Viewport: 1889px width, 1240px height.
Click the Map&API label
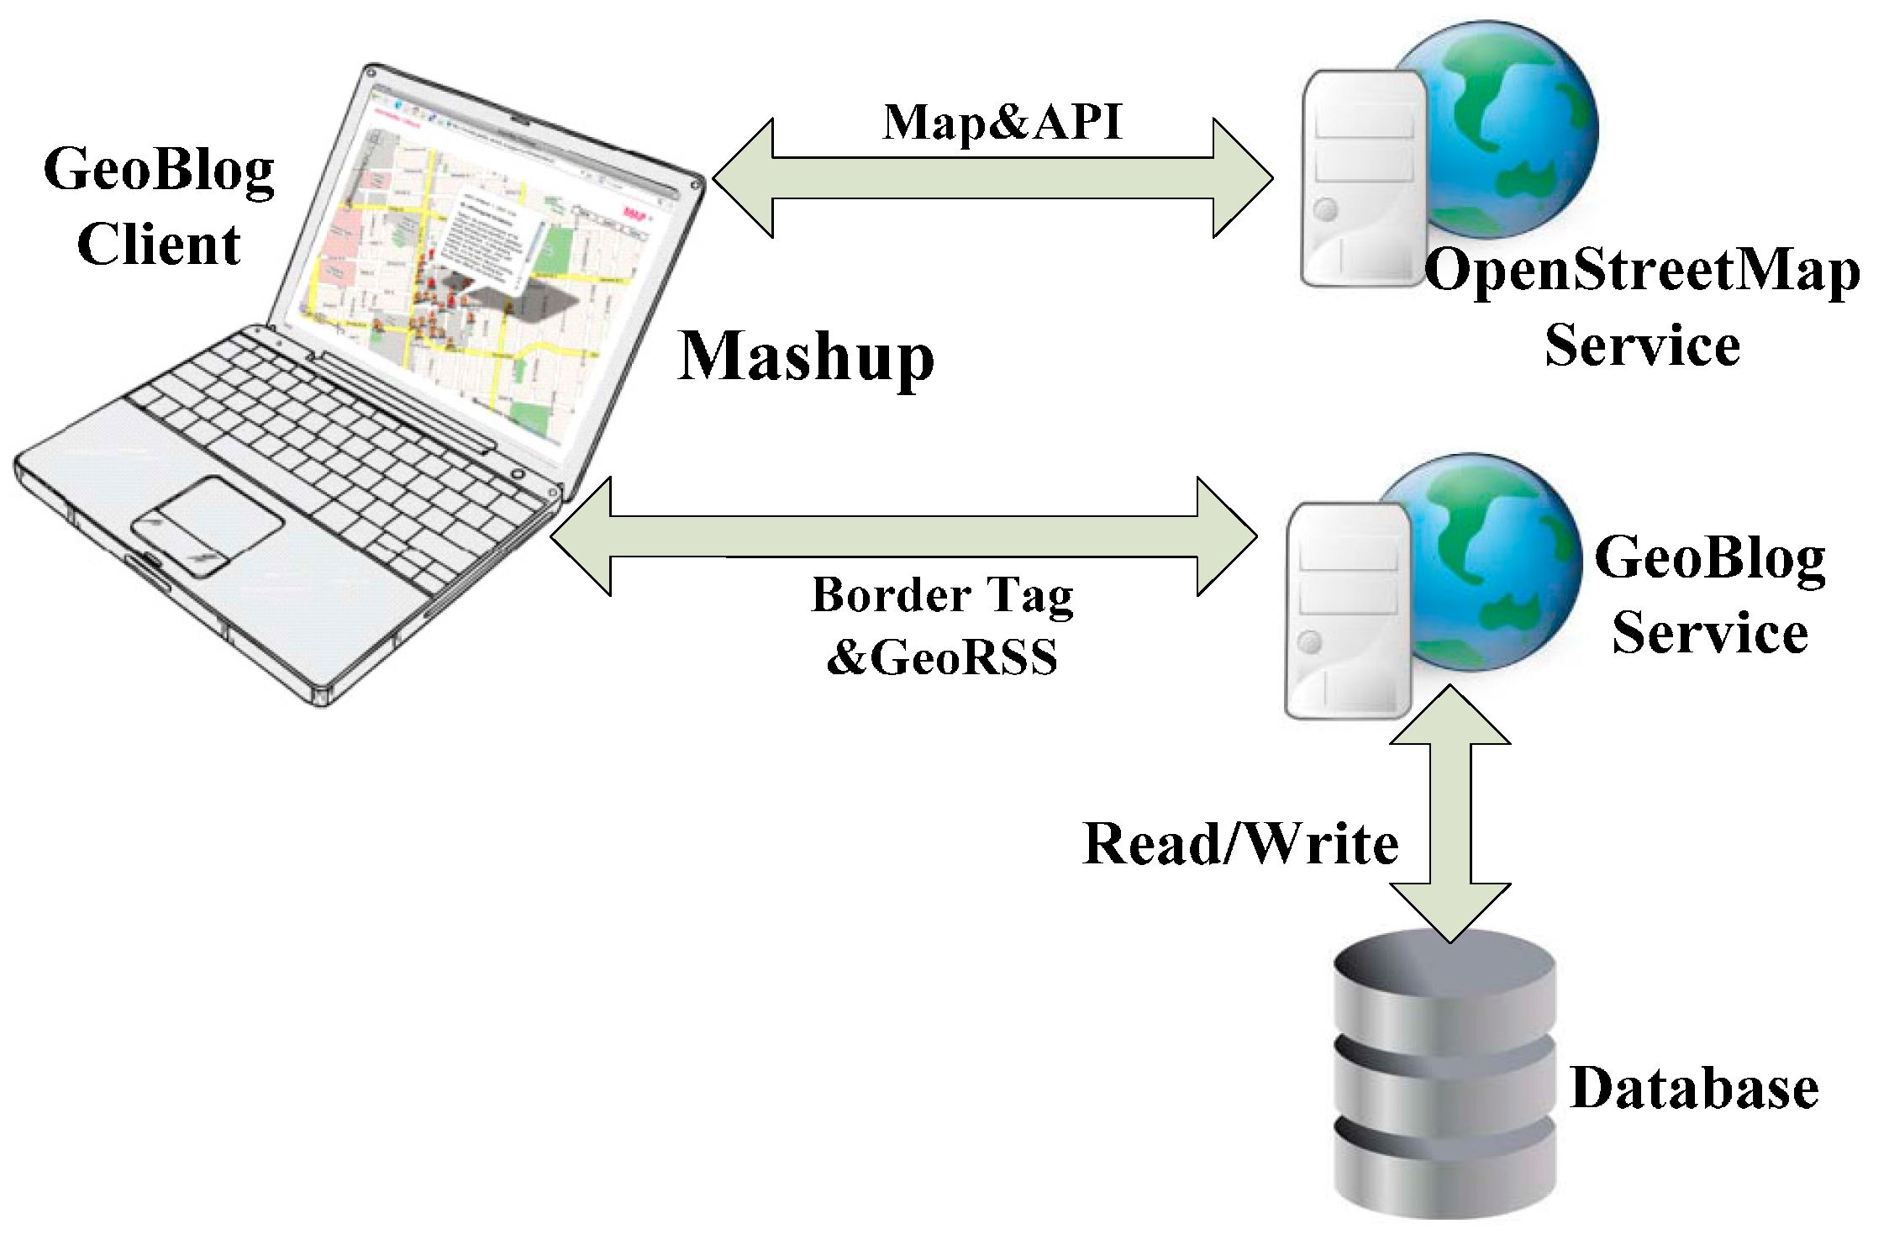tap(1002, 124)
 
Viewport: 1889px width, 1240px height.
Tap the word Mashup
tap(806, 356)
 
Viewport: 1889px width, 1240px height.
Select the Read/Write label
tap(1241, 843)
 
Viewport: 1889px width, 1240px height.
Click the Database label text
tap(1694, 1088)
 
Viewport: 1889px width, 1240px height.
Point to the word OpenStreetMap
tap(1642, 272)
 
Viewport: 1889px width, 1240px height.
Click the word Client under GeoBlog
tap(159, 245)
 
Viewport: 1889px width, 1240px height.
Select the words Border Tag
tap(942, 595)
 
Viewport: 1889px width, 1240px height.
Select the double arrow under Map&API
tap(992, 177)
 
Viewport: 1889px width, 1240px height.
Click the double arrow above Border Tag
tap(903, 536)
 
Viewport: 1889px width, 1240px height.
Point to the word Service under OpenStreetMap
tap(1642, 346)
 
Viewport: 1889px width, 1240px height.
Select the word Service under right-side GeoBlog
tap(1710, 633)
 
